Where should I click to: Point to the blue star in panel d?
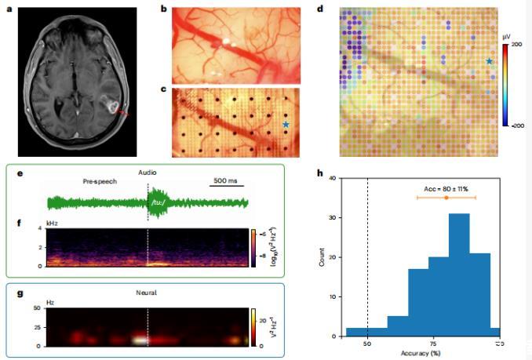click(x=489, y=61)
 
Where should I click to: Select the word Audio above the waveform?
click(x=148, y=171)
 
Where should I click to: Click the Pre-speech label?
click(x=100, y=181)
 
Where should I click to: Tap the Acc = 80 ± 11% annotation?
click(x=446, y=188)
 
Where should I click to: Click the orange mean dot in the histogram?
click(x=446, y=198)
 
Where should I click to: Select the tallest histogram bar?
click(x=459, y=275)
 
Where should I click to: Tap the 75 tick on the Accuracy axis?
click(x=433, y=344)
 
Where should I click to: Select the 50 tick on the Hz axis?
click(x=36, y=308)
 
